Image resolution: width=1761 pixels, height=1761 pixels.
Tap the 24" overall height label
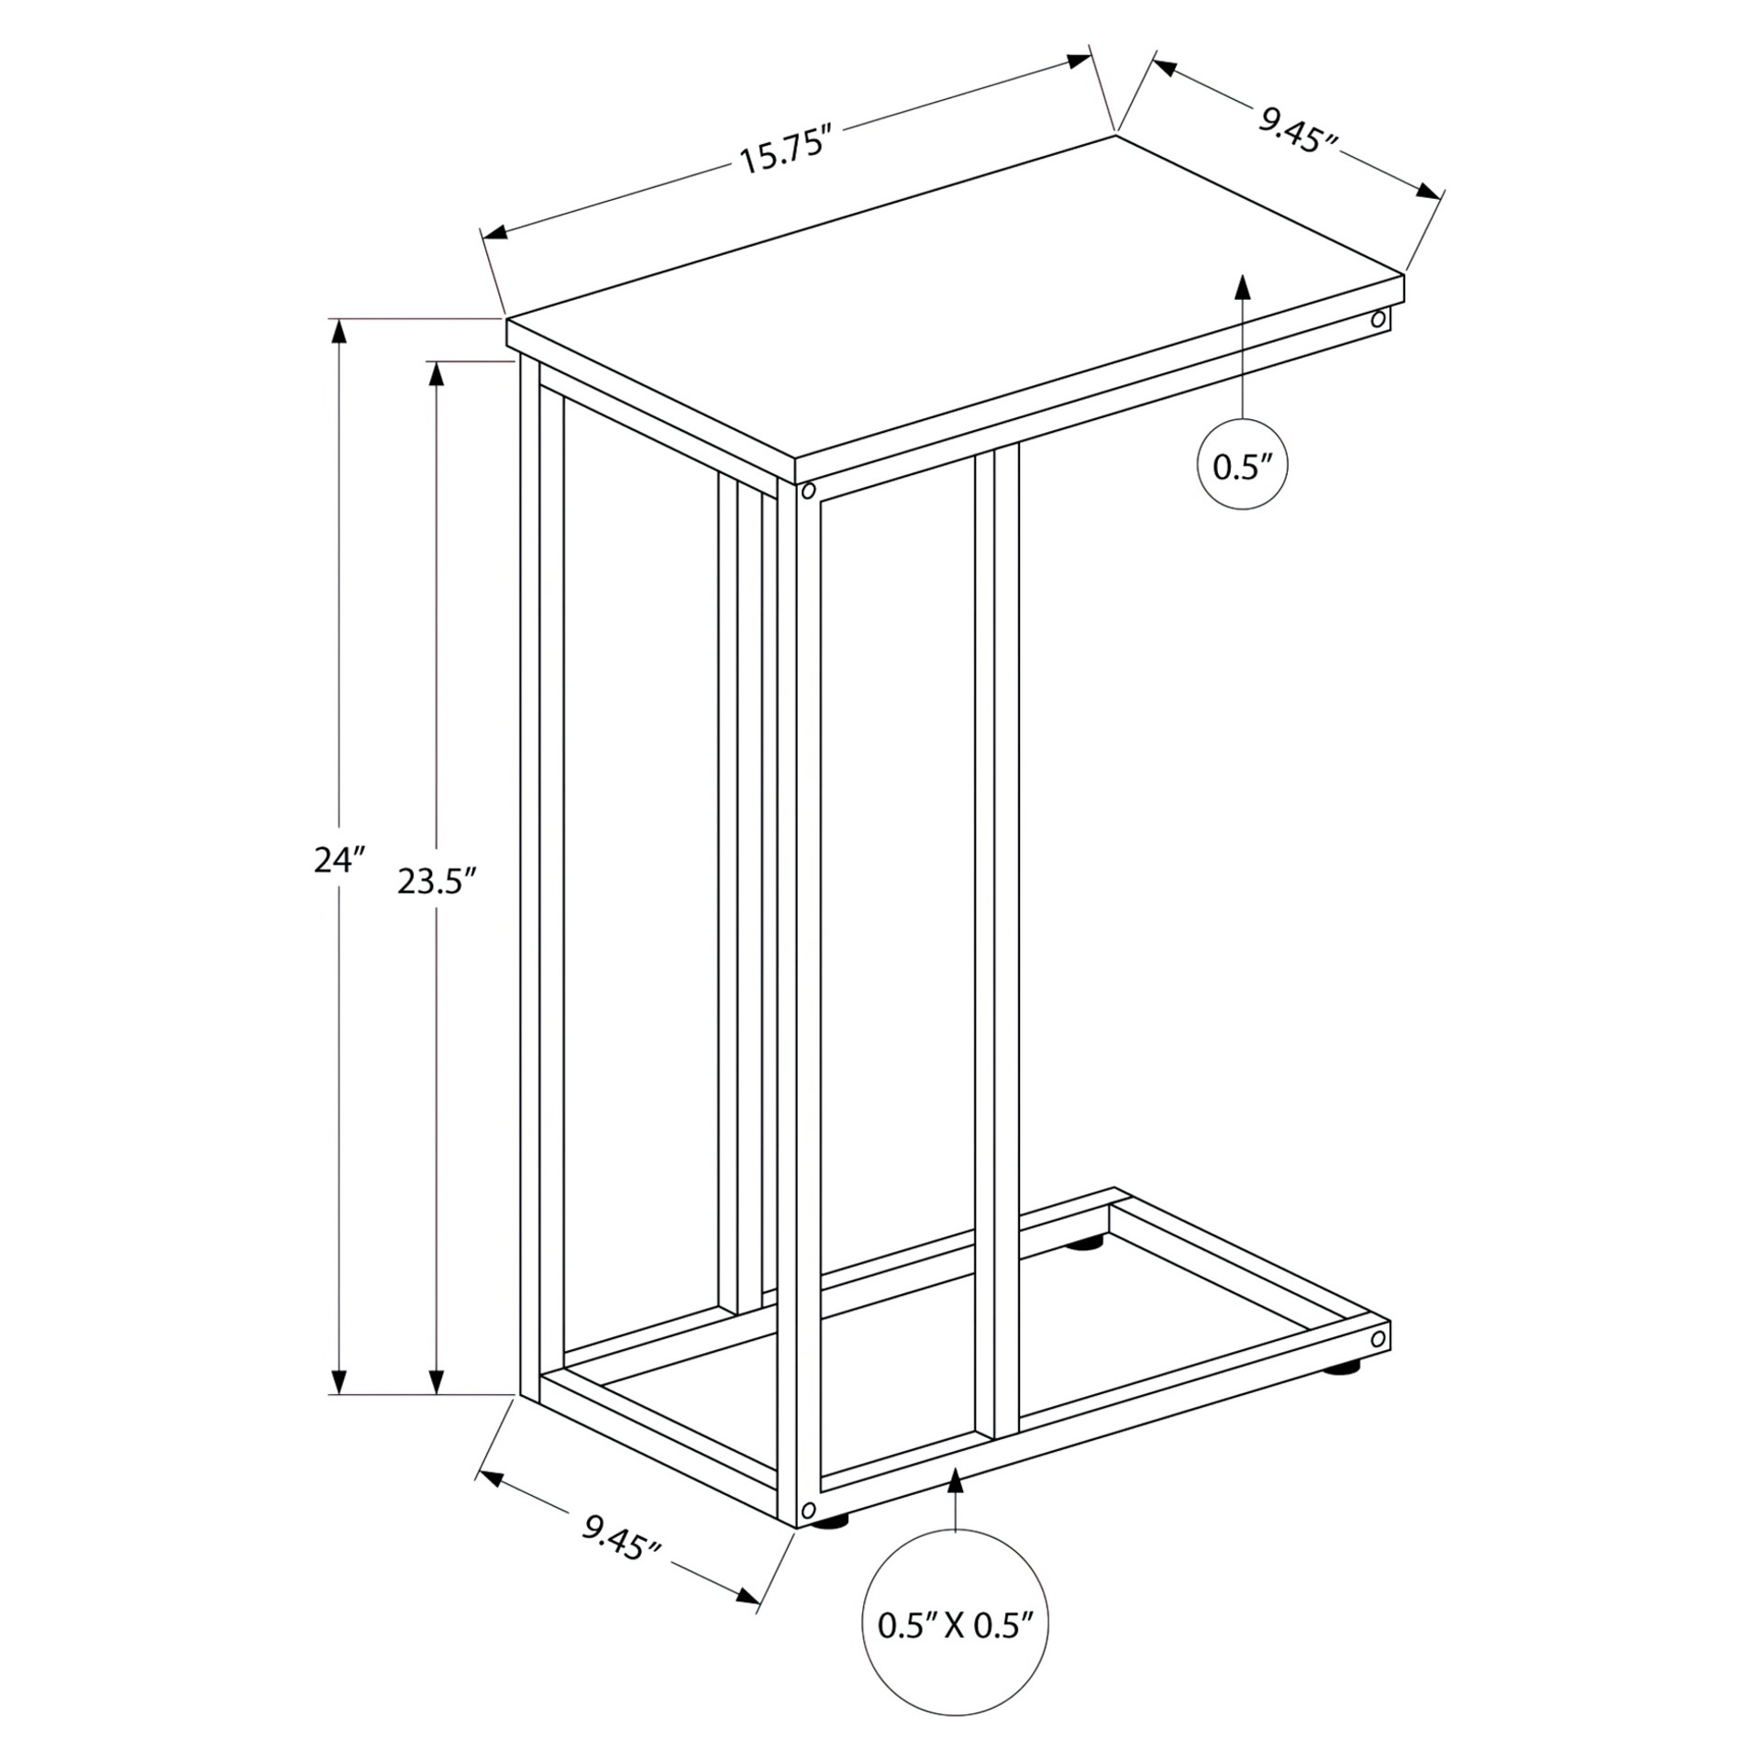tap(340, 860)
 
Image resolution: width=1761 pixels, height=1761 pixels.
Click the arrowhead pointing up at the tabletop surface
tap(1243, 286)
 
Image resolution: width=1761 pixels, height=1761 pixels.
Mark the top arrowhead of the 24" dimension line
tap(339, 332)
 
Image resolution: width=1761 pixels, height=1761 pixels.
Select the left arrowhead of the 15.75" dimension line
tap(496, 232)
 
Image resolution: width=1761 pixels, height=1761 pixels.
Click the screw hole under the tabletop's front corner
tap(808, 491)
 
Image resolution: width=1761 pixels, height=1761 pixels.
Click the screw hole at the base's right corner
tap(1377, 1340)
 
